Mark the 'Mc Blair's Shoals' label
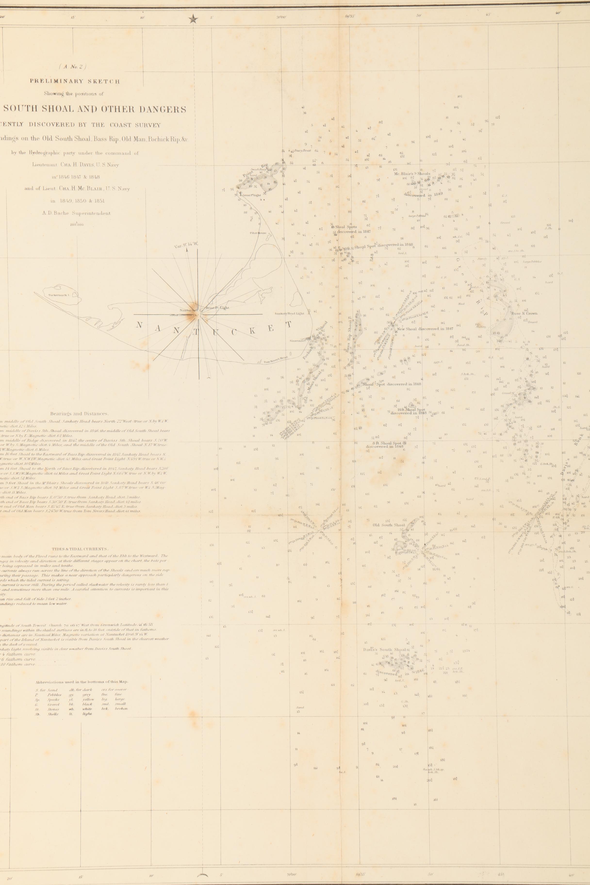click(x=412, y=174)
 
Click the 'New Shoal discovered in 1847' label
click(x=425, y=328)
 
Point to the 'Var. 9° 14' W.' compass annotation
click(x=186, y=246)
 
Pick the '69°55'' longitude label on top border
click(x=350, y=16)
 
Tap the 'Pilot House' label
click(x=258, y=233)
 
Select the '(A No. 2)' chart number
click(x=72, y=67)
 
